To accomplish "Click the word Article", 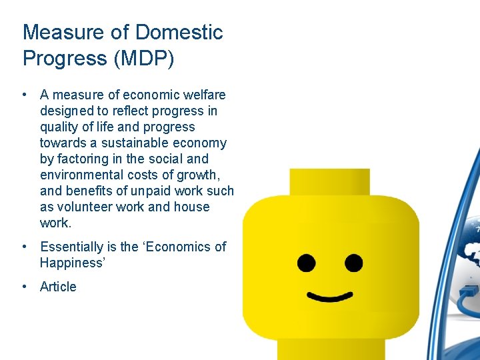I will tap(58, 287).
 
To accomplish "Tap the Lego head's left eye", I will tap(306, 262).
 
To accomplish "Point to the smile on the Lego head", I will tap(330, 296).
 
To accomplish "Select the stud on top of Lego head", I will tap(329, 181).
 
